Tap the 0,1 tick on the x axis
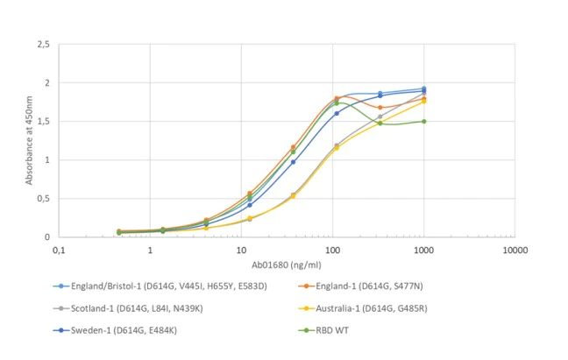click(59, 251)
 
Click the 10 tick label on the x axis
click(241, 251)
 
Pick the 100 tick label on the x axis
click(332, 251)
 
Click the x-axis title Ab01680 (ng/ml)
click(287, 265)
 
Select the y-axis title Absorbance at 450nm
click(30, 140)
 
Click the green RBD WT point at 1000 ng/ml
click(423, 122)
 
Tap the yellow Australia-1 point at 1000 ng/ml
click(423, 102)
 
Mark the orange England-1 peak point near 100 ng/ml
click(337, 99)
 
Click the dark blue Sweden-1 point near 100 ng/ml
click(337, 114)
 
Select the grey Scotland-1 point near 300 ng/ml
click(380, 116)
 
